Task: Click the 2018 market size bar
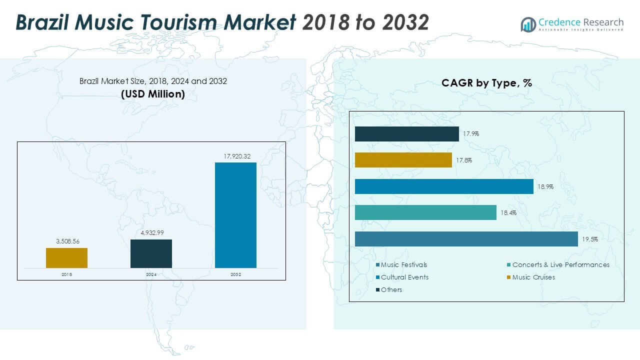pos(66,258)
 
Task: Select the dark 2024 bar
pos(151,253)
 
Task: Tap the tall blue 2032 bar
pos(235,215)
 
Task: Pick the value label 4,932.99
pos(150,233)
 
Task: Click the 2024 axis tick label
pos(151,274)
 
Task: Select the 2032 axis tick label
pos(235,274)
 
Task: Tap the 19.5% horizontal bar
pos(466,239)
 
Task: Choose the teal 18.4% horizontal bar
pos(425,212)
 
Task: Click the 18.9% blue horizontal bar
pos(444,186)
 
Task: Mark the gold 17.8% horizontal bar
pos(403,160)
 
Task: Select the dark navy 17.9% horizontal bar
pos(406,134)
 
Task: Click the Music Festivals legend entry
pos(403,264)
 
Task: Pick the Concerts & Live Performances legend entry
pos(560,264)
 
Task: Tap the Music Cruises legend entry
pos(533,277)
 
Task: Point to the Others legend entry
pos(391,289)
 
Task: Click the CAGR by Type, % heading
pos(486,83)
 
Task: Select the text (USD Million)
pos(153,94)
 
